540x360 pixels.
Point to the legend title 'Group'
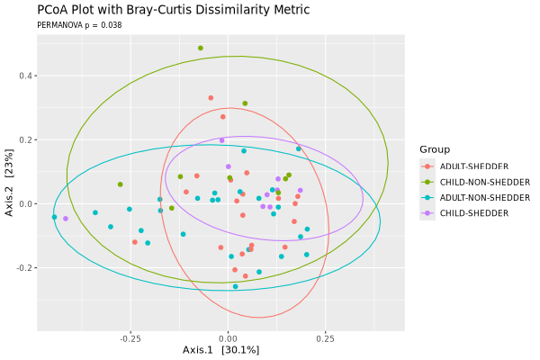click(435, 149)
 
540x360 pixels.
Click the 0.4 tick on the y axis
click(25, 76)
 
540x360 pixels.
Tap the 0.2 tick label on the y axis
click(25, 139)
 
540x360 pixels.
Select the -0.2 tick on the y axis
click(23, 268)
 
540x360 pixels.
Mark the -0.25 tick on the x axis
click(130, 339)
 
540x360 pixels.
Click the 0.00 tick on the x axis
click(228, 339)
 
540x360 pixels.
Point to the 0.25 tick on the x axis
click(325, 339)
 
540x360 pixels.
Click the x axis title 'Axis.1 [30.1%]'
click(220, 349)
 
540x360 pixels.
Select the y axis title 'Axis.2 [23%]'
click(9, 184)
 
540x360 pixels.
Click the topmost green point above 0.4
click(201, 49)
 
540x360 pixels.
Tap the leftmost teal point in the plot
click(54, 217)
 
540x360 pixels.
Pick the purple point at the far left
click(66, 219)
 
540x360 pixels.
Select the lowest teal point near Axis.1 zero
click(236, 286)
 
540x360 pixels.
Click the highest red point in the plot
click(211, 98)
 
